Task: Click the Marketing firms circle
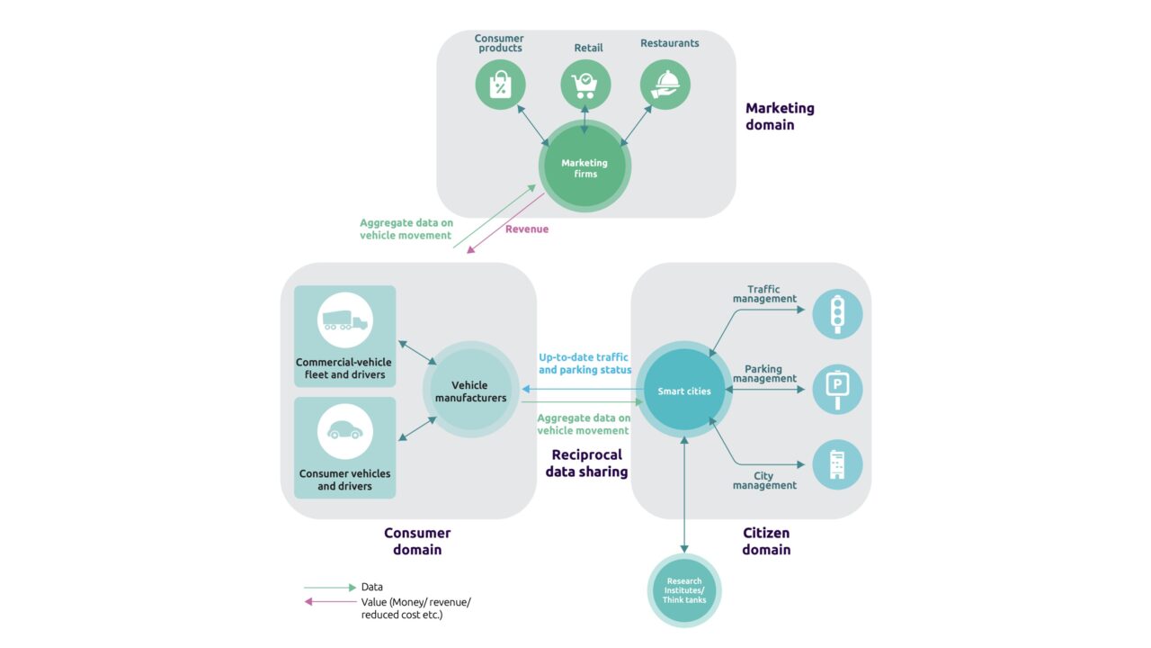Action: [584, 168]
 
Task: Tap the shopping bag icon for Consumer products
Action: [500, 85]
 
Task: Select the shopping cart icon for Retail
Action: [585, 85]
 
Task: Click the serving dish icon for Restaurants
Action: [665, 85]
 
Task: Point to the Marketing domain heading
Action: [780, 116]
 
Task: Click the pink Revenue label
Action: [527, 229]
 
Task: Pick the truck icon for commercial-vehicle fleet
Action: [345, 320]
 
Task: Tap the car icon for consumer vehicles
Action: [345, 431]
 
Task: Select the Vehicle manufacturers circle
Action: [470, 391]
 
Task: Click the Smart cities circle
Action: [684, 391]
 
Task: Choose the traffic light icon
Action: [837, 313]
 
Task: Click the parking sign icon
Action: [837, 390]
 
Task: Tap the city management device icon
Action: [837, 464]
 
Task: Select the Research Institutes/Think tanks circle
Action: [684, 590]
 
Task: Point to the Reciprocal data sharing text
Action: [586, 463]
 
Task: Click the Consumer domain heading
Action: [417, 541]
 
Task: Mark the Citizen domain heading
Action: [766, 541]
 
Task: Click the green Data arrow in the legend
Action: [330, 587]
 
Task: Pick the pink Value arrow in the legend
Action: [330, 602]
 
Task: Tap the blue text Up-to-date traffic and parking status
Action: [584, 364]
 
